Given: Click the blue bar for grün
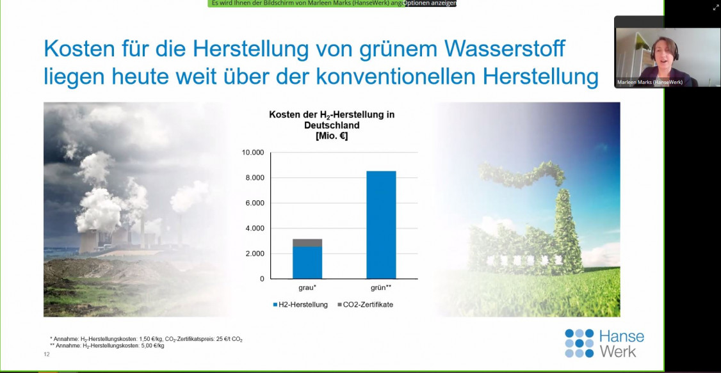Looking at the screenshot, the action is coord(381,225).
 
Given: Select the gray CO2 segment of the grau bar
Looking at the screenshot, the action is coord(307,242).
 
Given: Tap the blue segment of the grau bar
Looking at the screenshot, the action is coord(307,263).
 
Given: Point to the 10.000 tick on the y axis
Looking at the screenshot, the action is coord(253,152).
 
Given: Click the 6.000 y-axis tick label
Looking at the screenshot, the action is coord(255,203).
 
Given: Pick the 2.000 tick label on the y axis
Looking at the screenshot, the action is coord(255,253).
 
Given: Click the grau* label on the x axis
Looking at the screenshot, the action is coord(307,288).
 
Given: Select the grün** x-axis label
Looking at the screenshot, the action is coord(381,288).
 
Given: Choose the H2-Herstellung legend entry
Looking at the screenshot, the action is coord(300,304).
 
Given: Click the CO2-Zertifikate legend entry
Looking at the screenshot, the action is coord(365,304).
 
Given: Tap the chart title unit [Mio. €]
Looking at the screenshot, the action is coord(332,136).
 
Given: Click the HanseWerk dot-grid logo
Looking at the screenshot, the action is coord(579,343).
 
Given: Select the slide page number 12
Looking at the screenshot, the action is coord(47,354).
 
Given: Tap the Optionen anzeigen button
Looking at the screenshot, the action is coord(430,3).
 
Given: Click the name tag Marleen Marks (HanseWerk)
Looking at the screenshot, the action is coord(650,83).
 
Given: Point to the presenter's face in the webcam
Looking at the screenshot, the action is coord(665,53).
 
